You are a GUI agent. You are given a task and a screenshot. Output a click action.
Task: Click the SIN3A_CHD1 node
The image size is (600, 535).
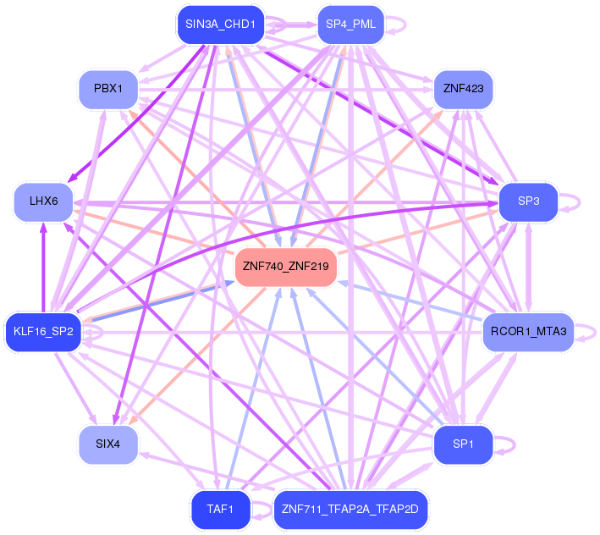tap(220, 25)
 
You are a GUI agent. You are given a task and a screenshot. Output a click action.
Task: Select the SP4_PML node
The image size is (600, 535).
tap(350, 25)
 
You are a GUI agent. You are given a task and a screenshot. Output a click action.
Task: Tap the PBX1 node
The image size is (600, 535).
tap(108, 88)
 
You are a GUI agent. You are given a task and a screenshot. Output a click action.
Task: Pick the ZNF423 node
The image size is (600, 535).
tap(462, 88)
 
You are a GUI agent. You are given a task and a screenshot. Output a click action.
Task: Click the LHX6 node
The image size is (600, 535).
tap(43, 201)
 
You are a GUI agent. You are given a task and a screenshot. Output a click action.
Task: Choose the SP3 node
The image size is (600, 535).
tap(528, 201)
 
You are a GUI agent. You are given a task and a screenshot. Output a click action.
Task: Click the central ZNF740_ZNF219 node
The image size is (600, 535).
tap(286, 266)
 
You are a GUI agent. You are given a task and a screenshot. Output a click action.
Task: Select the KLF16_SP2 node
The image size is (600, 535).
tap(43, 331)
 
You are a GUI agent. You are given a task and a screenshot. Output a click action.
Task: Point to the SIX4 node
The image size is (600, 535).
tap(108, 444)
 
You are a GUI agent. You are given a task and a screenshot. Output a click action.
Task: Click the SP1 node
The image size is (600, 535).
tap(462, 444)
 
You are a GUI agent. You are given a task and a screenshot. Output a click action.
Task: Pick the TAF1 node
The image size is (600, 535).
tap(220, 509)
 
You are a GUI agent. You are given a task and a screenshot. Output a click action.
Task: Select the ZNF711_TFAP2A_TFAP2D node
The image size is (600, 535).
tap(350, 509)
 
